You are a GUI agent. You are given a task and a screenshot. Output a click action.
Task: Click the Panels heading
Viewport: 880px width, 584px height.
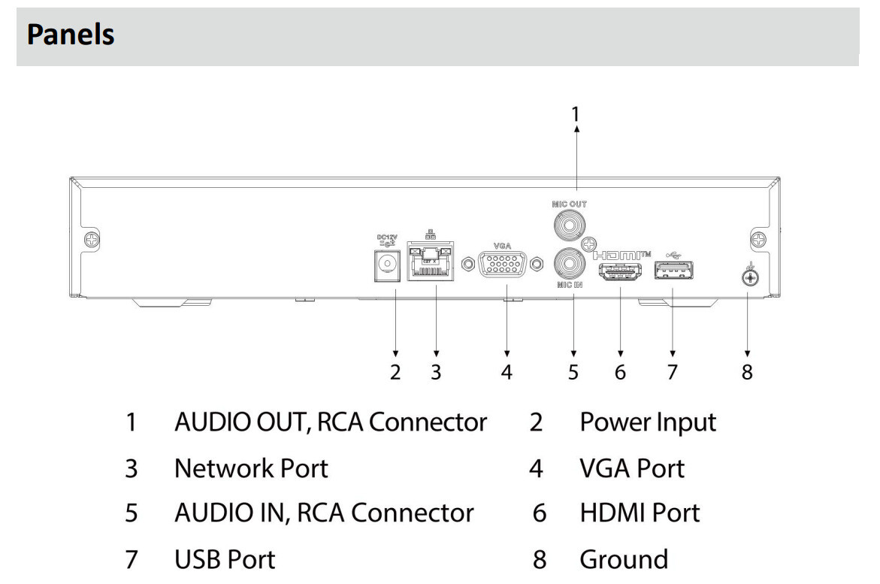tap(71, 36)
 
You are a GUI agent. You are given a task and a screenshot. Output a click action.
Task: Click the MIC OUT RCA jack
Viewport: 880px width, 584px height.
tap(569, 224)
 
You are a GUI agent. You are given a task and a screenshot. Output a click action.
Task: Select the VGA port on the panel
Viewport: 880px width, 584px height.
tap(501, 265)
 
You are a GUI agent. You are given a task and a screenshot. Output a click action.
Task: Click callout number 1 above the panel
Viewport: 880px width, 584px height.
tap(576, 113)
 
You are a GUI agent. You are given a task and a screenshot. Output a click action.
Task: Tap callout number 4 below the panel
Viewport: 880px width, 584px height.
tap(507, 372)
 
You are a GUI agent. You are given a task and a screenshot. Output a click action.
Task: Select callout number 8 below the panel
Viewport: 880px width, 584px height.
tap(747, 372)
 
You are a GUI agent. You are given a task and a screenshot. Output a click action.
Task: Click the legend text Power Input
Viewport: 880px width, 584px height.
tap(647, 422)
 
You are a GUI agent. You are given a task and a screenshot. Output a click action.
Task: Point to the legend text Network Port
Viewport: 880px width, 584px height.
tap(251, 468)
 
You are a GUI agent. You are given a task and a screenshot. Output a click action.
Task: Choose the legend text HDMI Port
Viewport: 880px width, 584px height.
tap(640, 513)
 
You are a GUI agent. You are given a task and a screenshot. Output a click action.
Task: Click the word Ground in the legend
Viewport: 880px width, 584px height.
tap(623, 559)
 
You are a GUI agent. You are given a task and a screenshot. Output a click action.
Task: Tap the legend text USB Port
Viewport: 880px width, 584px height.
tap(224, 559)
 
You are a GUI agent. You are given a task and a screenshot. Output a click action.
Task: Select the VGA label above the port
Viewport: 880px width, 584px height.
tap(501, 245)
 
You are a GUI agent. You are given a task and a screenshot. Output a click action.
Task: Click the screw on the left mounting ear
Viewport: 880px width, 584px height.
tap(91, 241)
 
